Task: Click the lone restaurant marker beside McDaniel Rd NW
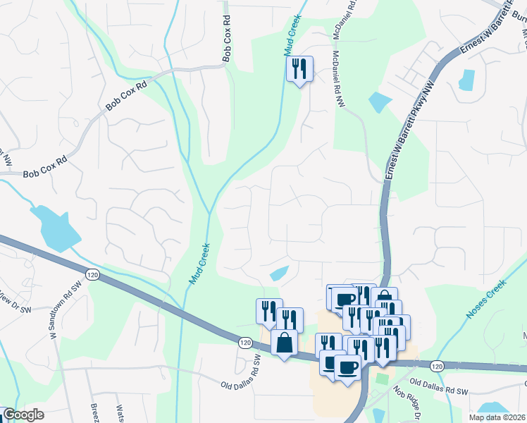click(x=299, y=69)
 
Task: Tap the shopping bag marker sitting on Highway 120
click(x=284, y=343)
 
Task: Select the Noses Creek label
click(x=487, y=300)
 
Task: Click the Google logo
click(x=23, y=415)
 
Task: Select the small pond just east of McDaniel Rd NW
click(x=378, y=102)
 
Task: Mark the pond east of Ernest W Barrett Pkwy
click(x=466, y=80)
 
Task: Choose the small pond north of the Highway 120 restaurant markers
click(x=279, y=273)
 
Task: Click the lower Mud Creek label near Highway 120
click(x=199, y=264)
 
